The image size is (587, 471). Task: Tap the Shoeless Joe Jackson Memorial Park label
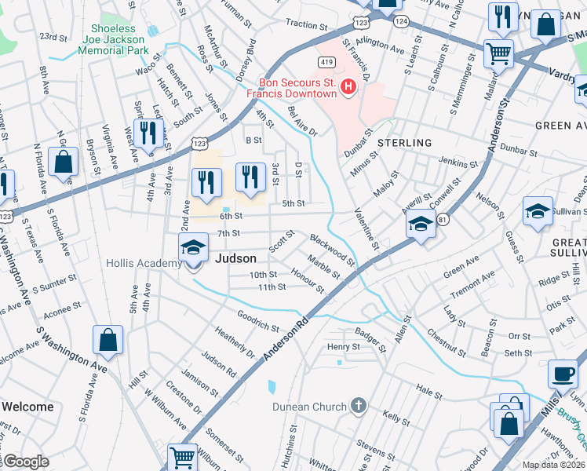113,40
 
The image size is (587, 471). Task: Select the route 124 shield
401,21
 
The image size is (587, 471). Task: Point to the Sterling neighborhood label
404,143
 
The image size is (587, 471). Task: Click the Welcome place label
27,407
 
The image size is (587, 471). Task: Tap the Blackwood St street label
332,249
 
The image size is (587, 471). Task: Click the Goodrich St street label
258,320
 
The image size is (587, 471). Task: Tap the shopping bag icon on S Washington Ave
108,341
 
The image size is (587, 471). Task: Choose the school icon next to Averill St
421,225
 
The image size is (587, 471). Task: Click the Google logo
25,462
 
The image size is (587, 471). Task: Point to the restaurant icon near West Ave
148,133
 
